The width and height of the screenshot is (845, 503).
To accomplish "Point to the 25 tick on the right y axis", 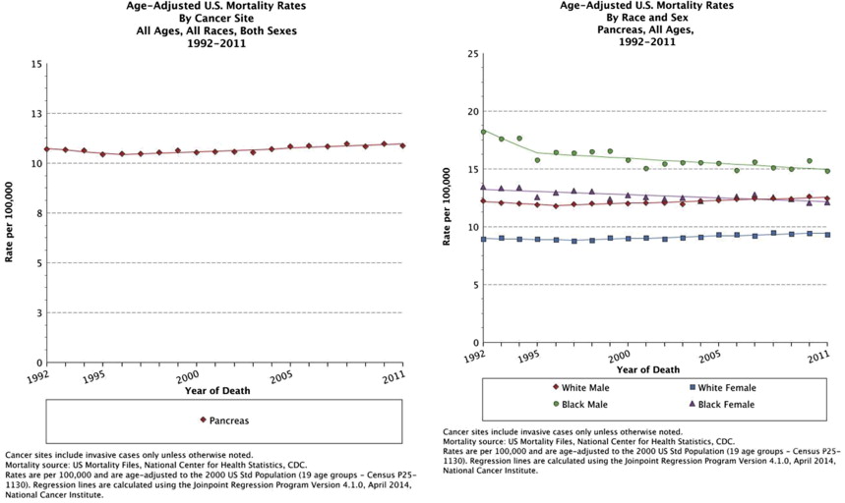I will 471,53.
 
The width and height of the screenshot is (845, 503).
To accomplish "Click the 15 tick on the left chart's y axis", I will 37,64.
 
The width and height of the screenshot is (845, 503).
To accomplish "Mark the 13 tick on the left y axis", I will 37,114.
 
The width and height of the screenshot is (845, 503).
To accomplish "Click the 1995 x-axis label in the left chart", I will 94,376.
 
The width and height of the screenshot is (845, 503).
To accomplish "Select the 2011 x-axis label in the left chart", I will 395,376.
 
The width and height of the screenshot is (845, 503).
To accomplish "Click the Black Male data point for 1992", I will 483,132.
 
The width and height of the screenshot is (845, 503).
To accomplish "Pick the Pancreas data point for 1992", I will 46,149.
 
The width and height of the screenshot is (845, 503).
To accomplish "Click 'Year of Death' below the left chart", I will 217,391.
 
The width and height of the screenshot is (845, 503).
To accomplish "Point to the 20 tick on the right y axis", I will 471,111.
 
